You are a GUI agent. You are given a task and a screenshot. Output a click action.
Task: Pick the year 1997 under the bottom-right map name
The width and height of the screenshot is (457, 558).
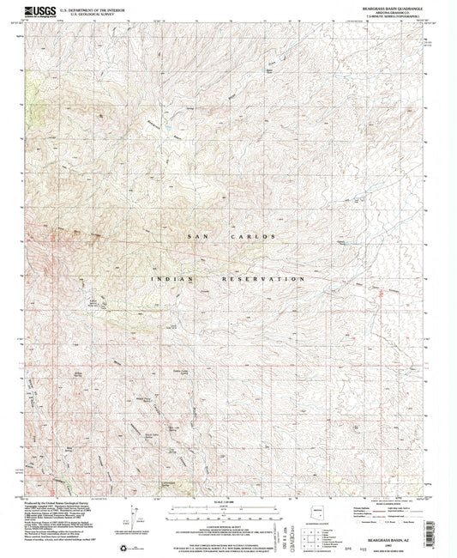point(394,539)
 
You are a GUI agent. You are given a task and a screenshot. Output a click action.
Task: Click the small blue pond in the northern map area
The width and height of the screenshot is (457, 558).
point(168,129)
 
